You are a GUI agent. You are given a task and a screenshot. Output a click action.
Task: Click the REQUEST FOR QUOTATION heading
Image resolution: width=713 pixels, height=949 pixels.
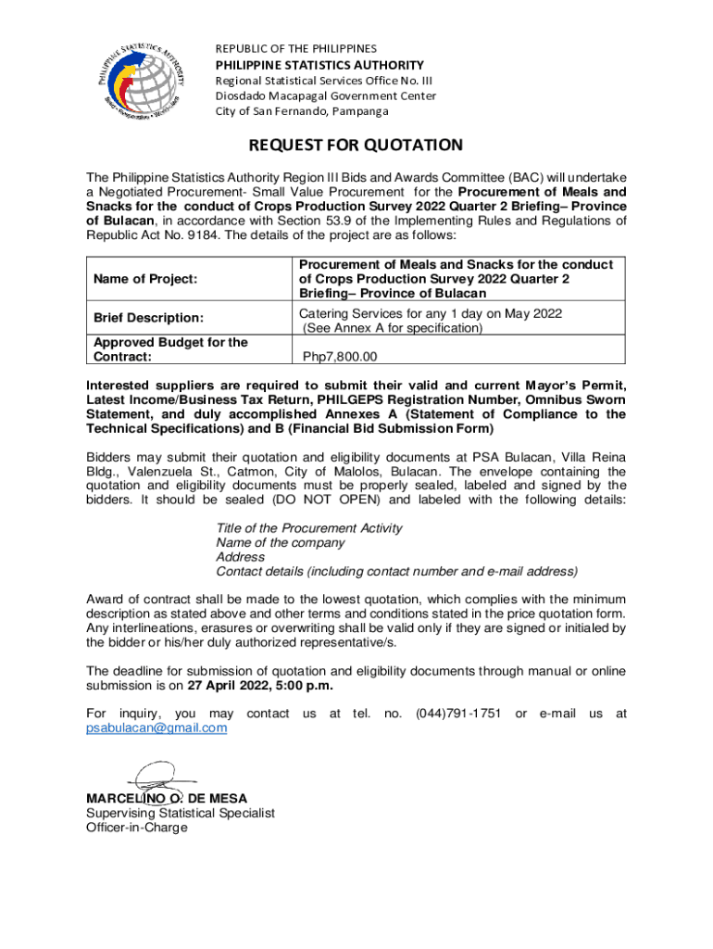tap(356, 146)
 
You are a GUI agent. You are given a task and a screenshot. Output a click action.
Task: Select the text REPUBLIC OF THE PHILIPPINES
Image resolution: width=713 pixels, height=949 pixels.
tap(296, 47)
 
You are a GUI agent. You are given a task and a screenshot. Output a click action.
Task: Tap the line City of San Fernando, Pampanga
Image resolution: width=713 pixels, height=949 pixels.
tap(302, 111)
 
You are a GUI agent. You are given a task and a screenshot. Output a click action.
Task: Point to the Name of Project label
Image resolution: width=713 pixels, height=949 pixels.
tap(145, 278)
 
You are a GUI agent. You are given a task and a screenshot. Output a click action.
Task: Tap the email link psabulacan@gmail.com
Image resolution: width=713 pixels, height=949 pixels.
tap(156, 728)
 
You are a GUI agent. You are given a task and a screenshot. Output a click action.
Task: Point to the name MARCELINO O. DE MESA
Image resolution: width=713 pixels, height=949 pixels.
tap(167, 798)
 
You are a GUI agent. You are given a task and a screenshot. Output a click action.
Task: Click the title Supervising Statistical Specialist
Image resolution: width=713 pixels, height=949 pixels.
tap(181, 813)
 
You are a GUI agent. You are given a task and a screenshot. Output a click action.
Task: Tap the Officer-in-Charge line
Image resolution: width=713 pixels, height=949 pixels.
tap(136, 828)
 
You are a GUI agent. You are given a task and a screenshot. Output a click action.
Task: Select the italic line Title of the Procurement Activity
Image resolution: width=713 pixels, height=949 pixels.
tap(309, 527)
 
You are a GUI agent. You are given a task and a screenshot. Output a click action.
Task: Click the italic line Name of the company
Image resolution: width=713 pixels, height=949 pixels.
tap(281, 542)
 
